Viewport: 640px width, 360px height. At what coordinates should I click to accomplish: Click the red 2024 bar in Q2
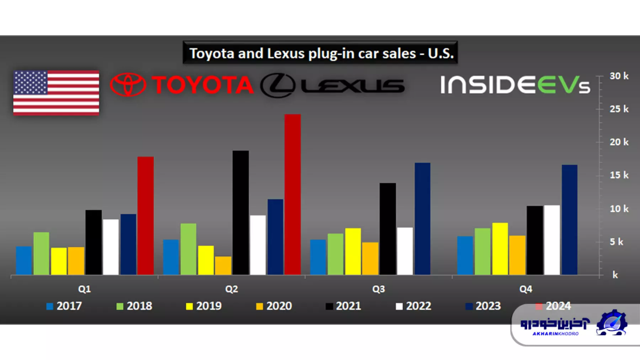(293, 195)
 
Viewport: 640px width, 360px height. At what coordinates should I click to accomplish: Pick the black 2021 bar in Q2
(241, 213)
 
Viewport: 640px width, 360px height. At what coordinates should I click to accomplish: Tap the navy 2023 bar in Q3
(422, 219)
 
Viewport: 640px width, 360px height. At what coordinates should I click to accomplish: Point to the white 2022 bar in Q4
(552, 240)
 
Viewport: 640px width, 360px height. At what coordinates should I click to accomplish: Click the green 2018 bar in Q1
(41, 253)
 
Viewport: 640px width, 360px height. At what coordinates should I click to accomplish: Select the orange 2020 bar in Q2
(223, 266)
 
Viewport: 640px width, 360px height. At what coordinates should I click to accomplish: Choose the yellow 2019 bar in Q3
(353, 251)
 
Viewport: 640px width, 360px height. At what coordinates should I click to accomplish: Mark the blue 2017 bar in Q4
(465, 255)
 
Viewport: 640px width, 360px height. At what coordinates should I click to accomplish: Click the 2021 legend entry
(343, 306)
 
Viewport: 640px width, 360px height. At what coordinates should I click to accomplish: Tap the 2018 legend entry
(134, 306)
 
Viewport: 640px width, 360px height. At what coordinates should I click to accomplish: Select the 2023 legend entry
(483, 306)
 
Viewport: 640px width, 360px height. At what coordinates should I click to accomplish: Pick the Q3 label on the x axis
(378, 289)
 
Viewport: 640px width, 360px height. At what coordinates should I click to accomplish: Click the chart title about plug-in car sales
(320, 54)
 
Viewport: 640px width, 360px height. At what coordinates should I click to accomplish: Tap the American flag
(56, 92)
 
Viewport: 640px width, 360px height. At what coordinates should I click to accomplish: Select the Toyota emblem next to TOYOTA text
(128, 85)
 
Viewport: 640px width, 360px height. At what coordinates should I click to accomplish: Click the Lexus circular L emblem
(278, 86)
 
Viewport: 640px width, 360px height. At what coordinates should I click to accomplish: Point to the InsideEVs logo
(515, 85)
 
